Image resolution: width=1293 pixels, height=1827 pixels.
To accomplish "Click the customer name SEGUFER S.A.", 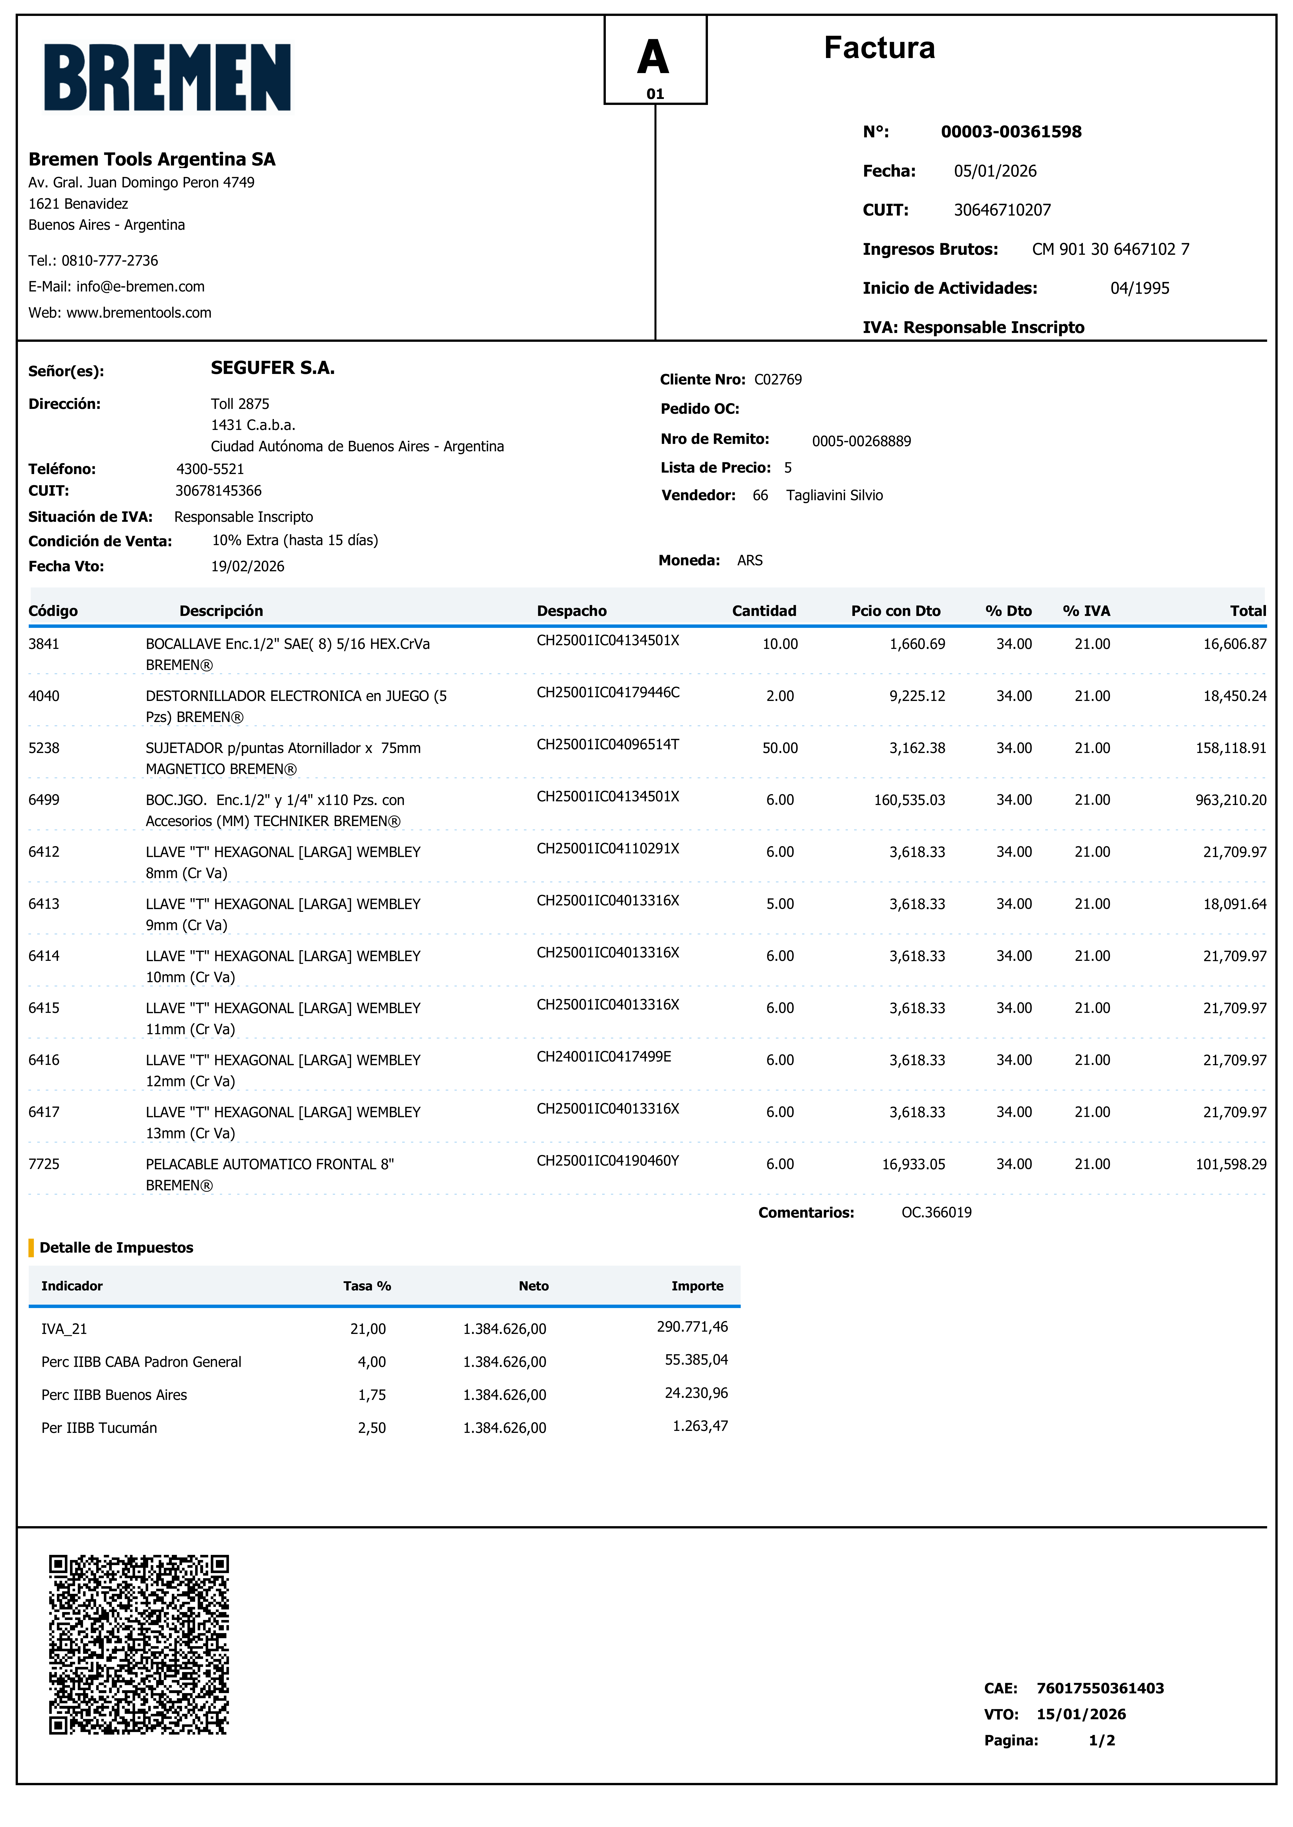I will click(x=272, y=368).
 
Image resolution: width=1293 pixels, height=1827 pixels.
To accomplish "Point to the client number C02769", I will click(x=778, y=380).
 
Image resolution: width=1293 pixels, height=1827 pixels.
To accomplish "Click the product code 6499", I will click(x=44, y=800).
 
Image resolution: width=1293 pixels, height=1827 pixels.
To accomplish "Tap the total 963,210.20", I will click(x=1230, y=800).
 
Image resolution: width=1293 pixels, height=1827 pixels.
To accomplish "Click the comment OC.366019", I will click(x=936, y=1213).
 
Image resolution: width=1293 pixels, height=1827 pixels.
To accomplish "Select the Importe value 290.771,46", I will click(x=692, y=1326).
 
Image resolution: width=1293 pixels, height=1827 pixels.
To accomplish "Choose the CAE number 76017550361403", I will click(x=1100, y=1689).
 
